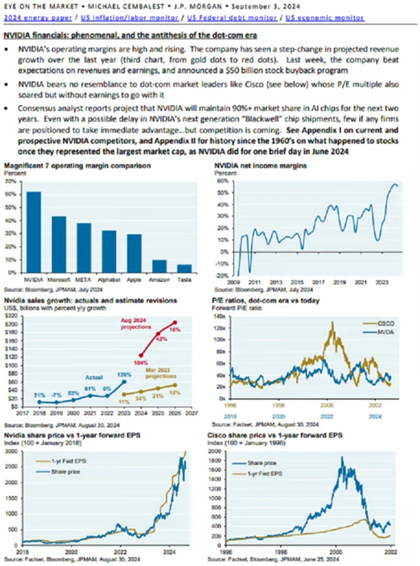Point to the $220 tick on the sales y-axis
(x=10, y=316)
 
